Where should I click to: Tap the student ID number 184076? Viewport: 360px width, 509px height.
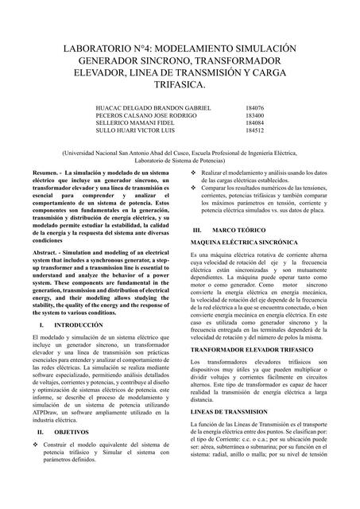point(255,107)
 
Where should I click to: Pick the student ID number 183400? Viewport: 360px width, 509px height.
point(255,115)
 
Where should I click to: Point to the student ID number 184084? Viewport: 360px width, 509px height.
point(255,122)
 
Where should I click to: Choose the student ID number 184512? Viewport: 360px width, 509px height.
point(255,130)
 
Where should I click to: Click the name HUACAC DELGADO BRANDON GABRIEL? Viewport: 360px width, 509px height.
point(153,107)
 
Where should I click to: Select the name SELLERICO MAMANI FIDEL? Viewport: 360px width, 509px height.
point(134,122)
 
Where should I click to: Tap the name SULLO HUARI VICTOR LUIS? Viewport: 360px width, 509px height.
point(134,130)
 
